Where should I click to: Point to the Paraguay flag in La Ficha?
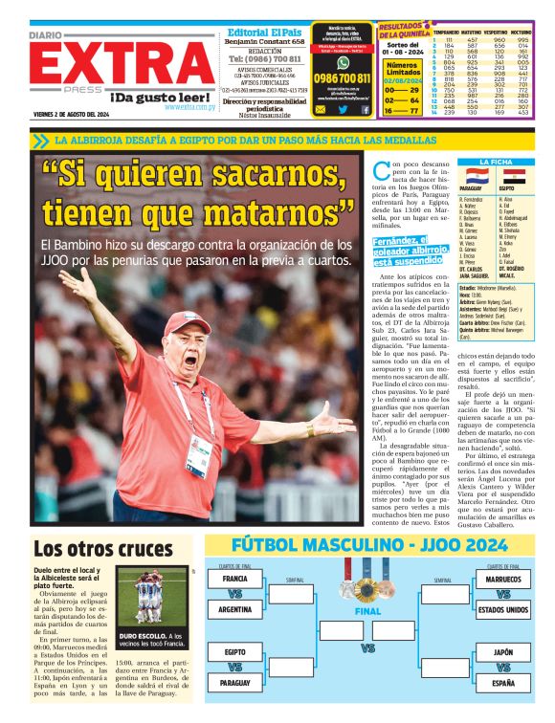(x=476, y=177)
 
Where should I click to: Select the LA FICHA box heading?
(x=495, y=162)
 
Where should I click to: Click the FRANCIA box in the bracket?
(x=234, y=580)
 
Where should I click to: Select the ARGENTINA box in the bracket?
(x=234, y=608)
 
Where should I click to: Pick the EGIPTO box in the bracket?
(x=234, y=653)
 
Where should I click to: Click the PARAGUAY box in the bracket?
(x=234, y=683)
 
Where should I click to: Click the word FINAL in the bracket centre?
(x=368, y=611)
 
